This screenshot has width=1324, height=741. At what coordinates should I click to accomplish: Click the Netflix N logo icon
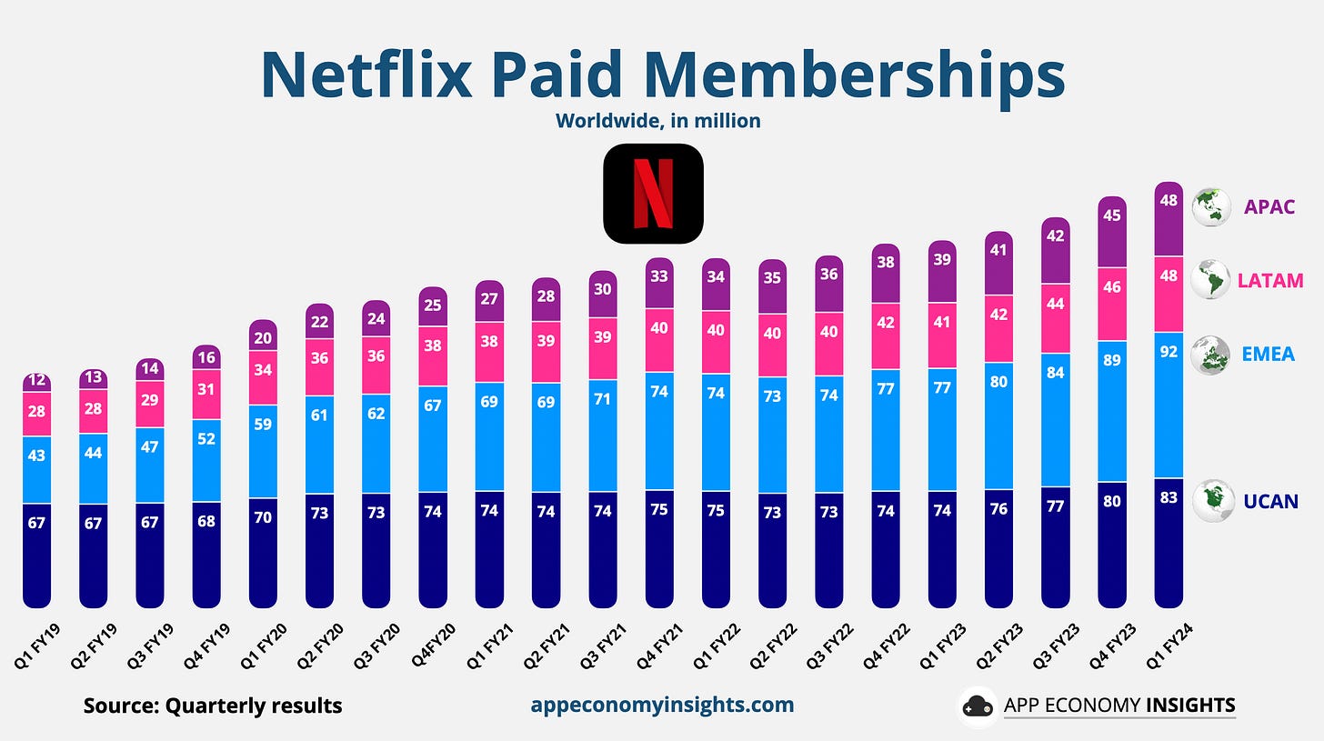(x=653, y=194)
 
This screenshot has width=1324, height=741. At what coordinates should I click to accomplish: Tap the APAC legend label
(x=1269, y=206)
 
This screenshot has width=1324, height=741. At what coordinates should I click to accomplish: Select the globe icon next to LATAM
(x=1209, y=279)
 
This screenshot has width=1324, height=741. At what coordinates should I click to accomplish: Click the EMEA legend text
(x=1268, y=354)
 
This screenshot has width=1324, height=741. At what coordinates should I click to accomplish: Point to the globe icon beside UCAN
(x=1210, y=499)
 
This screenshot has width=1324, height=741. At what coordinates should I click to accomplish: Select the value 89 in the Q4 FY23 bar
(x=1112, y=360)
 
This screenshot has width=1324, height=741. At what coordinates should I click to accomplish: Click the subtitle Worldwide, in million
(x=657, y=120)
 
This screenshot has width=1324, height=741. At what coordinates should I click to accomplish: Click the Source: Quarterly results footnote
(x=213, y=706)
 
